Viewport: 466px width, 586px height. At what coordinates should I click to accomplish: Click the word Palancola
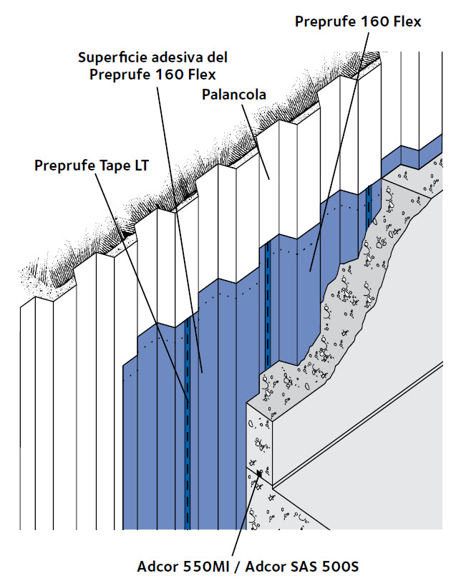coord(234,95)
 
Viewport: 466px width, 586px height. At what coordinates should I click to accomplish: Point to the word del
coord(218,57)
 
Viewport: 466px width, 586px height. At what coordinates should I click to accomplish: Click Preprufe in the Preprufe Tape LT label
coord(64,165)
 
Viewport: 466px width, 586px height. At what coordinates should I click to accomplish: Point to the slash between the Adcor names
coord(238,567)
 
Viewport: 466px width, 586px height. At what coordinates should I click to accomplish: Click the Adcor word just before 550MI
coord(158,567)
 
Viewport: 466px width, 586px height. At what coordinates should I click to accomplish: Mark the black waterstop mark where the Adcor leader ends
coord(260,473)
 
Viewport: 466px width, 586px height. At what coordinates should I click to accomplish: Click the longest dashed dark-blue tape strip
coord(188,423)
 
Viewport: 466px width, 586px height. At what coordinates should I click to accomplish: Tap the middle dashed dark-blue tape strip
coord(267,304)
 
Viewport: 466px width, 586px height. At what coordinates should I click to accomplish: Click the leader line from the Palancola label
coord(256,142)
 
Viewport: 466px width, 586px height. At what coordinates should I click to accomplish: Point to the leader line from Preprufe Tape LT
coord(141,287)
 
